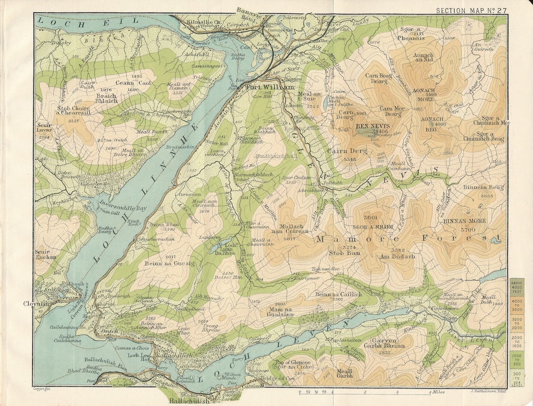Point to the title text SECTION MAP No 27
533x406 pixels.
click(x=471, y=10)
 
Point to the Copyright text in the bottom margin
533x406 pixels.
click(x=42, y=390)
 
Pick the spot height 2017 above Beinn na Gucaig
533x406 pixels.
click(x=171, y=257)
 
